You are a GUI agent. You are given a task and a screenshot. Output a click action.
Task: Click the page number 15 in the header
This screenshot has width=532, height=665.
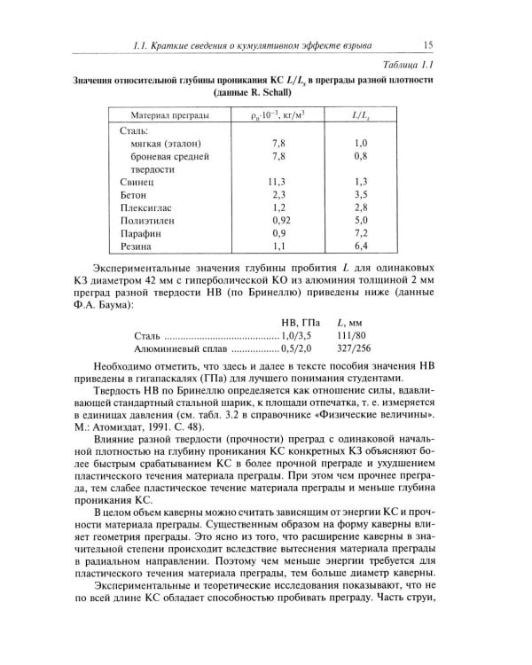point(427,45)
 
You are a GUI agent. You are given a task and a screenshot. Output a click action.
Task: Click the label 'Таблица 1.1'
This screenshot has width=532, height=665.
point(403,66)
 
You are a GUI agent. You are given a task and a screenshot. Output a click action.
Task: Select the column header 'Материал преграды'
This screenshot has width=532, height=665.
point(170,115)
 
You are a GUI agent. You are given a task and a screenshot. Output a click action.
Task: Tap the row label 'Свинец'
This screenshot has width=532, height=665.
point(137,181)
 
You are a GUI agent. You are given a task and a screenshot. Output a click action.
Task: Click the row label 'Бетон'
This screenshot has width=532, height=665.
point(133,193)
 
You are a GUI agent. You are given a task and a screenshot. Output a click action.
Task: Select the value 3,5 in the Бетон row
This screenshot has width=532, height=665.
point(360,193)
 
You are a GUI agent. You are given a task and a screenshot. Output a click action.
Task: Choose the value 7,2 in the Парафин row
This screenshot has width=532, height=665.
point(360,232)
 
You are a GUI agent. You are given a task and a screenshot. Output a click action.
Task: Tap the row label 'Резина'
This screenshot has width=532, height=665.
point(136,246)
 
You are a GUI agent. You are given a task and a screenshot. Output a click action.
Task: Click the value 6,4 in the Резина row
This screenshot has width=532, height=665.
point(360,246)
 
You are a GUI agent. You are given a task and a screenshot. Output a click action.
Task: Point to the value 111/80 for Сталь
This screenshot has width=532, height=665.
point(353,336)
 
